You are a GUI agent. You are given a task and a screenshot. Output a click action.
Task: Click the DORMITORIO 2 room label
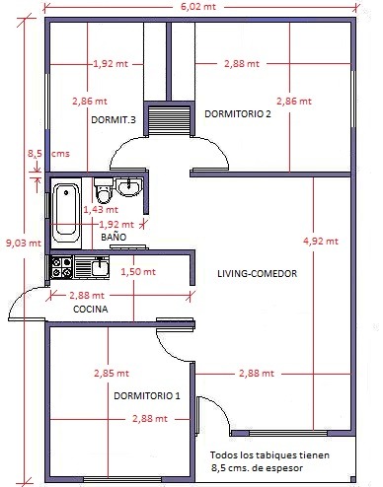pos(238,114)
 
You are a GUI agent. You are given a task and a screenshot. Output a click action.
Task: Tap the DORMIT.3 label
pos(114,119)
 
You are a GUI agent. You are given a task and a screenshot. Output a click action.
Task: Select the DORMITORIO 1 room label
pos(147,395)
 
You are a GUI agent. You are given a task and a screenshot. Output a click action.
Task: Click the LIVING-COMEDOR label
pos(257,273)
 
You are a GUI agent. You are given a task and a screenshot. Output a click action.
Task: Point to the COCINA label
pos(91,309)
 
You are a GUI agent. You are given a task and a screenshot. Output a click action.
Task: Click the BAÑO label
pos(114,237)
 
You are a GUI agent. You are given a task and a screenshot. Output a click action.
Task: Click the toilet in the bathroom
pos(104,190)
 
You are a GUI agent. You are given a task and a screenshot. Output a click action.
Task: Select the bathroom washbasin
pos(129,187)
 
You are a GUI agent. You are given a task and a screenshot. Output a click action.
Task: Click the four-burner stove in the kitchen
pos(61,267)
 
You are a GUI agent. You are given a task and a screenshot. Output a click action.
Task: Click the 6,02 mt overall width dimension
pos(198,6)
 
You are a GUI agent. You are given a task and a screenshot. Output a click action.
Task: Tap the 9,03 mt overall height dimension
pos(24,243)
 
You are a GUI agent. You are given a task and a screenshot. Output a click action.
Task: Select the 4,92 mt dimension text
pos(321,242)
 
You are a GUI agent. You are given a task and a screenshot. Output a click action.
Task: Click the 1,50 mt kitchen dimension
pos(138,272)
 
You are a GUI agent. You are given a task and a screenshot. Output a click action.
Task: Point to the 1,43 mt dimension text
pos(101,209)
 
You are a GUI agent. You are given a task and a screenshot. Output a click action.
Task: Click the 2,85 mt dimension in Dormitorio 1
pos(112,374)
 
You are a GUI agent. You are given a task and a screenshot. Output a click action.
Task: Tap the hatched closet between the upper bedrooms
pos(169,119)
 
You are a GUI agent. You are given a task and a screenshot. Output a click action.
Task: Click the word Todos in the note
pos(222,455)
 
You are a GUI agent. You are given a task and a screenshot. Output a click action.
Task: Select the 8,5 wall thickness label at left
pos(35,154)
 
